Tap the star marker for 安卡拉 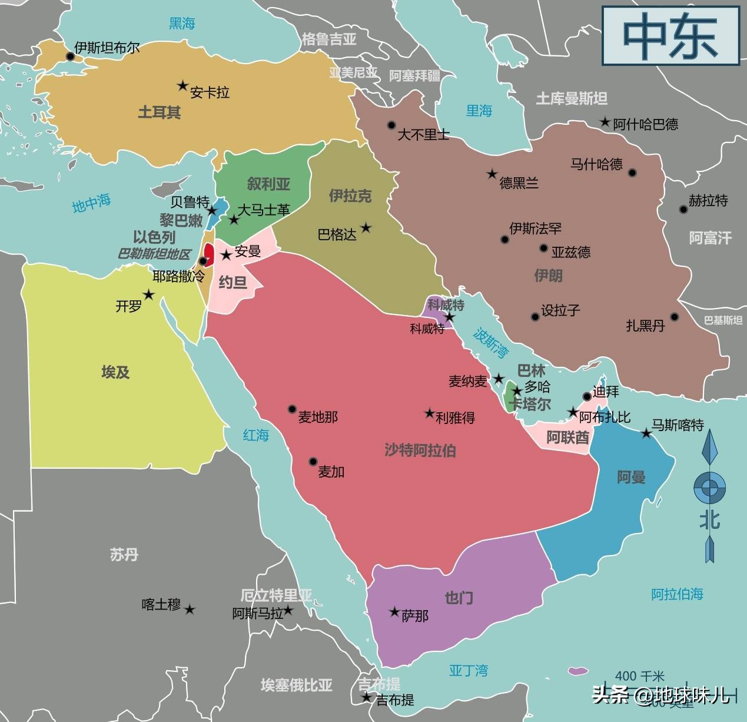pyautogui.click(x=182, y=86)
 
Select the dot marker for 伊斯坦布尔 pyautogui.click(x=70, y=57)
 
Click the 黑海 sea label pyautogui.click(x=182, y=24)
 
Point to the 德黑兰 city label pyautogui.click(x=519, y=183)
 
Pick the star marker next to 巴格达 pyautogui.click(x=366, y=227)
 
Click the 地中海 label pyautogui.click(x=91, y=203)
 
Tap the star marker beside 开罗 pyautogui.click(x=149, y=294)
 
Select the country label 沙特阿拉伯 pyautogui.click(x=420, y=451)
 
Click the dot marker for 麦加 pyautogui.click(x=313, y=462)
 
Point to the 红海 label pyautogui.click(x=256, y=435)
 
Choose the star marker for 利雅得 pyautogui.click(x=430, y=413)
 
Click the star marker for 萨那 pyautogui.click(x=394, y=612)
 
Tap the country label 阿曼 pyautogui.click(x=631, y=477)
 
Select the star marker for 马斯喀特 pyautogui.click(x=646, y=433)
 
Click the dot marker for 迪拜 pyautogui.click(x=587, y=396)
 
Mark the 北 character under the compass pyautogui.click(x=709, y=519)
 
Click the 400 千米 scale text pyautogui.click(x=639, y=676)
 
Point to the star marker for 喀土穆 pyautogui.click(x=190, y=610)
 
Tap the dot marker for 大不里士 pyautogui.click(x=391, y=125)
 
